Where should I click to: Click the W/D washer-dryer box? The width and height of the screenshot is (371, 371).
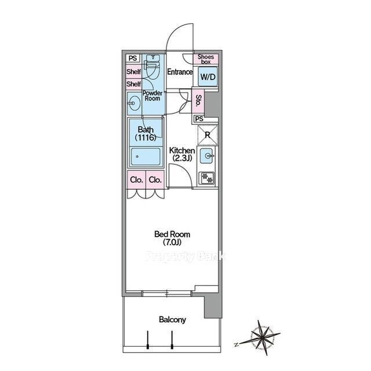pyautogui.click(x=208, y=77)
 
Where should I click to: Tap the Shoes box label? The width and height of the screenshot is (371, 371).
pyautogui.click(x=206, y=59)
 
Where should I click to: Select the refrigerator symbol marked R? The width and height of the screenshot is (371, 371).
pyautogui.click(x=208, y=135)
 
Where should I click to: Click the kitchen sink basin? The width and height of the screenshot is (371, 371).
pyautogui.click(x=208, y=156)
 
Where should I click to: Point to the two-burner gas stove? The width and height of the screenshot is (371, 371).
pyautogui.click(x=208, y=178)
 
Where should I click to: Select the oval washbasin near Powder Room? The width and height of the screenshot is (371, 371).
pyautogui.click(x=134, y=103)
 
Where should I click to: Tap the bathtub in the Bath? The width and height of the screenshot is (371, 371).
pyautogui.click(x=146, y=156)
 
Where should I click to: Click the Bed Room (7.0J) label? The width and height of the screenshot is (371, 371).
pyautogui.click(x=172, y=238)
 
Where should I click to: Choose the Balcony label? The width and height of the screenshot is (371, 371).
pyautogui.click(x=172, y=319)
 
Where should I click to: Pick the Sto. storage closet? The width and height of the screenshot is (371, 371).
pyautogui.click(x=198, y=100)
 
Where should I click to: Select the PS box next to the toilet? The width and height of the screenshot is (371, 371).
pyautogui.click(x=133, y=58)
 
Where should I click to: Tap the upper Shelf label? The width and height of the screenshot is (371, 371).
pyautogui.click(x=134, y=71)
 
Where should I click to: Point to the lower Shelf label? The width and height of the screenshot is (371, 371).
pyautogui.click(x=134, y=84)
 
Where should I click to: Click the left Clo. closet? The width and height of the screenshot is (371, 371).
pyautogui.click(x=137, y=180)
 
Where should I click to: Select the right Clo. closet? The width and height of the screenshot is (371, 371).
pyautogui.click(x=155, y=180)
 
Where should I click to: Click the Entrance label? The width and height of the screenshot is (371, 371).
pyautogui.click(x=180, y=72)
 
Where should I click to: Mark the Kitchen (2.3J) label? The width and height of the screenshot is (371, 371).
pyautogui.click(x=182, y=154)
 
